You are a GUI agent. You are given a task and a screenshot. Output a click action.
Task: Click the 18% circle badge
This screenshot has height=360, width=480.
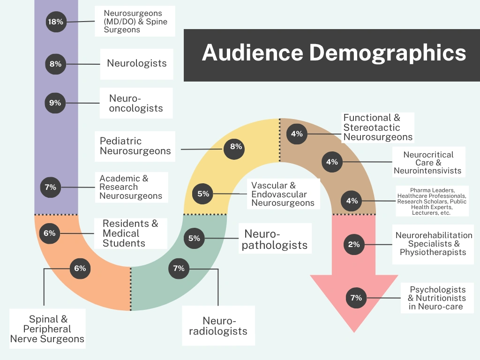click(55, 22)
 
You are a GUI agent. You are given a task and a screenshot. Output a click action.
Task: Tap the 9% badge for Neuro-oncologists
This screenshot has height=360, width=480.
click(55, 103)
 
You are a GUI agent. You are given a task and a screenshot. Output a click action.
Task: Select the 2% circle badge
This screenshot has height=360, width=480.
click(354, 244)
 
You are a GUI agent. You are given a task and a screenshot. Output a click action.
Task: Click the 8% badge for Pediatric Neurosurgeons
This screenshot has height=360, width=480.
click(236, 147)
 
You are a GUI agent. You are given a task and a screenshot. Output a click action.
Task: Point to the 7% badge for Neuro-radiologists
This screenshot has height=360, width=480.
click(179, 269)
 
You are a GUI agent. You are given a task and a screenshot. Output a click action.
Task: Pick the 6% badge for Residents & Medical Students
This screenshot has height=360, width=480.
click(49, 233)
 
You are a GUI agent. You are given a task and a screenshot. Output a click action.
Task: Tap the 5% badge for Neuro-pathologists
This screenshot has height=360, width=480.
click(194, 238)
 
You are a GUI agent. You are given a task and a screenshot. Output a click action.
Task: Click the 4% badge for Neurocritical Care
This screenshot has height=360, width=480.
click(332, 162)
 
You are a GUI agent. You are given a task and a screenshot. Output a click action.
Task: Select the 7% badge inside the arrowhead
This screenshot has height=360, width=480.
click(356, 298)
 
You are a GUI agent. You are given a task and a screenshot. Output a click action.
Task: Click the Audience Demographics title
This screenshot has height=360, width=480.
click(334, 52)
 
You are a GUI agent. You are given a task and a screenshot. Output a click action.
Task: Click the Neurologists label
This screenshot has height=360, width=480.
click(136, 63)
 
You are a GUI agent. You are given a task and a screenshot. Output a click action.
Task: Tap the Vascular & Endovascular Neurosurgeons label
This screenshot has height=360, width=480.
click(283, 194)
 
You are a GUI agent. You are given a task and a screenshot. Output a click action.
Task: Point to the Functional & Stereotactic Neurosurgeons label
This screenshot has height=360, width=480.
click(378, 127)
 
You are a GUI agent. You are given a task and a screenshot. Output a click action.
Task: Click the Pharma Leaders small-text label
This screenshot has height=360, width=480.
click(432, 201)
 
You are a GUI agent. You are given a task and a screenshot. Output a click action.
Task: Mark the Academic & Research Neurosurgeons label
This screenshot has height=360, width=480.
click(131, 187)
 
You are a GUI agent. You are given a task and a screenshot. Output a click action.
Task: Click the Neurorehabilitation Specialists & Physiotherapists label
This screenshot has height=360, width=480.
click(434, 244)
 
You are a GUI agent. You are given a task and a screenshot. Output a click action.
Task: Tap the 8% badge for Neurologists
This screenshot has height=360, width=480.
click(55, 63)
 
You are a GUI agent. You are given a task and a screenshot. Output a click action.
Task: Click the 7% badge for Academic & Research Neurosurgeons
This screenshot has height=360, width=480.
click(50, 187)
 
